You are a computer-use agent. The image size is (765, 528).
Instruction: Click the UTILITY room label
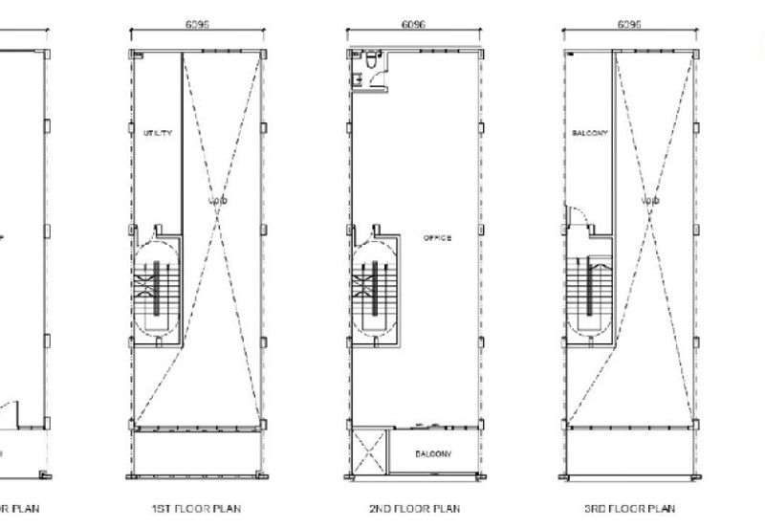(158, 134)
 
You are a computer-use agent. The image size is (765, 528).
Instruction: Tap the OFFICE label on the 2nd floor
(437, 238)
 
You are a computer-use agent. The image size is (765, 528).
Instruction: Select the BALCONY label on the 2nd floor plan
(433, 453)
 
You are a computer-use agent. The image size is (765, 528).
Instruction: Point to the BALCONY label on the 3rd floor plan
(589, 134)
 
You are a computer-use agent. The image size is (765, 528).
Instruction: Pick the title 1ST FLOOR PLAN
(195, 509)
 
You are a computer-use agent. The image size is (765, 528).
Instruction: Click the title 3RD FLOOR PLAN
(629, 509)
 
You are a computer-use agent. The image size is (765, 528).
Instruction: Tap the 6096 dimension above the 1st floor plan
(197, 26)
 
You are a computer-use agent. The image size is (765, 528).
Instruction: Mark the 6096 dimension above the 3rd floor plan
(629, 26)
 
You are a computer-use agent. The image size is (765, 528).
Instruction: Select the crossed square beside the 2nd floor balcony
(369, 453)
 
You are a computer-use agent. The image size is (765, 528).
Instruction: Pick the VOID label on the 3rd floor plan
(650, 202)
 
